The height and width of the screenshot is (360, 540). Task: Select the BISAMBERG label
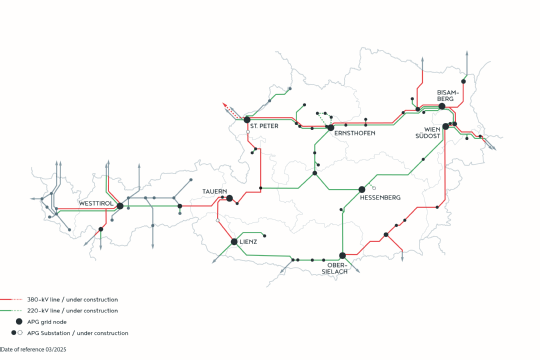click(446, 95)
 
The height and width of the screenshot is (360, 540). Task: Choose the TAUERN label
click(215, 190)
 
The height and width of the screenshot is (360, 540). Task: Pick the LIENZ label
click(248, 242)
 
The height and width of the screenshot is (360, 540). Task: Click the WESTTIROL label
click(96, 204)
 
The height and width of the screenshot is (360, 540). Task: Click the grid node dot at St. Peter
click(247, 120)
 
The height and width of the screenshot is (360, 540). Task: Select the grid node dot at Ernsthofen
click(330, 127)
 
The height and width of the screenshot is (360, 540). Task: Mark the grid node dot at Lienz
click(233, 242)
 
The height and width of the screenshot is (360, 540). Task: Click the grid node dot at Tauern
click(229, 199)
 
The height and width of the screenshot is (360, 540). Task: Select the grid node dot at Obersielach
click(343, 255)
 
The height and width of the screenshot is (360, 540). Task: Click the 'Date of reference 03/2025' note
click(34, 348)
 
